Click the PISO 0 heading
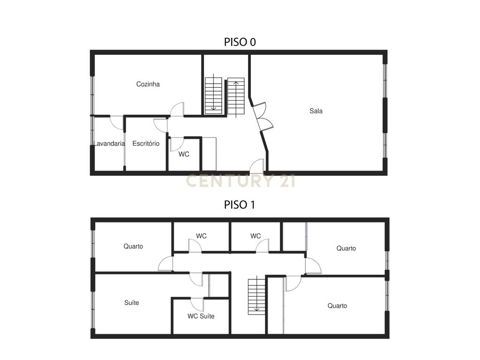tap(240, 42)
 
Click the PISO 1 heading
tap(240, 204)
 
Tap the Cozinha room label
tap(148, 84)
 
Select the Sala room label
tap(316, 111)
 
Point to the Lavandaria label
tap(109, 143)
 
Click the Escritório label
tap(146, 143)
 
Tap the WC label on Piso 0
tap(184, 154)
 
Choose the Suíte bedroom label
tap(132, 303)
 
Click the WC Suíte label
tap(201, 316)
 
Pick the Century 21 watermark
tap(240, 180)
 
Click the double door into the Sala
tap(262, 117)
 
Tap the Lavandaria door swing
tap(117, 122)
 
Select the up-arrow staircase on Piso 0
tap(236, 97)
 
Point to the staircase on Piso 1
tap(256, 295)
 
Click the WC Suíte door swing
tap(197, 304)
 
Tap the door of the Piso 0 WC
tap(177, 144)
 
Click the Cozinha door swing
tap(177, 110)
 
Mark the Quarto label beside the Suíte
tap(133, 247)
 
